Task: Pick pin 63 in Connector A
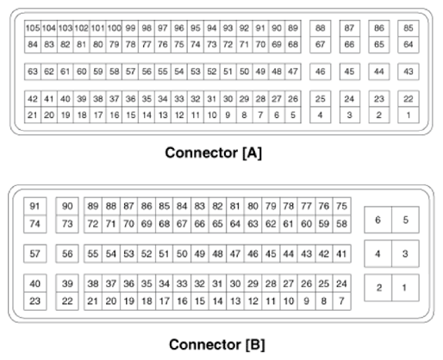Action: (32, 71)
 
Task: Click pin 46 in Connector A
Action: (320, 71)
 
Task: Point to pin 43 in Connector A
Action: (409, 71)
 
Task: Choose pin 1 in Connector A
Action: (409, 114)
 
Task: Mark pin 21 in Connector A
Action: (32, 114)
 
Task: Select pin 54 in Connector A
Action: (178, 71)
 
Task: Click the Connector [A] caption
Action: (221, 154)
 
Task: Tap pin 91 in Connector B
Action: (35, 207)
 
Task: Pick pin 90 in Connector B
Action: (68, 207)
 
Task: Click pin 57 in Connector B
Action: (35, 254)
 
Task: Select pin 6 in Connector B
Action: (377, 220)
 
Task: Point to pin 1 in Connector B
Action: (405, 286)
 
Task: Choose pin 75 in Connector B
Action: (342, 207)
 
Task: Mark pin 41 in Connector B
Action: (342, 254)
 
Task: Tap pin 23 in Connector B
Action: (35, 301)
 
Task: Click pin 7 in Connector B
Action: (342, 301)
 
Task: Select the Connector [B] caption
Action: (221, 344)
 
